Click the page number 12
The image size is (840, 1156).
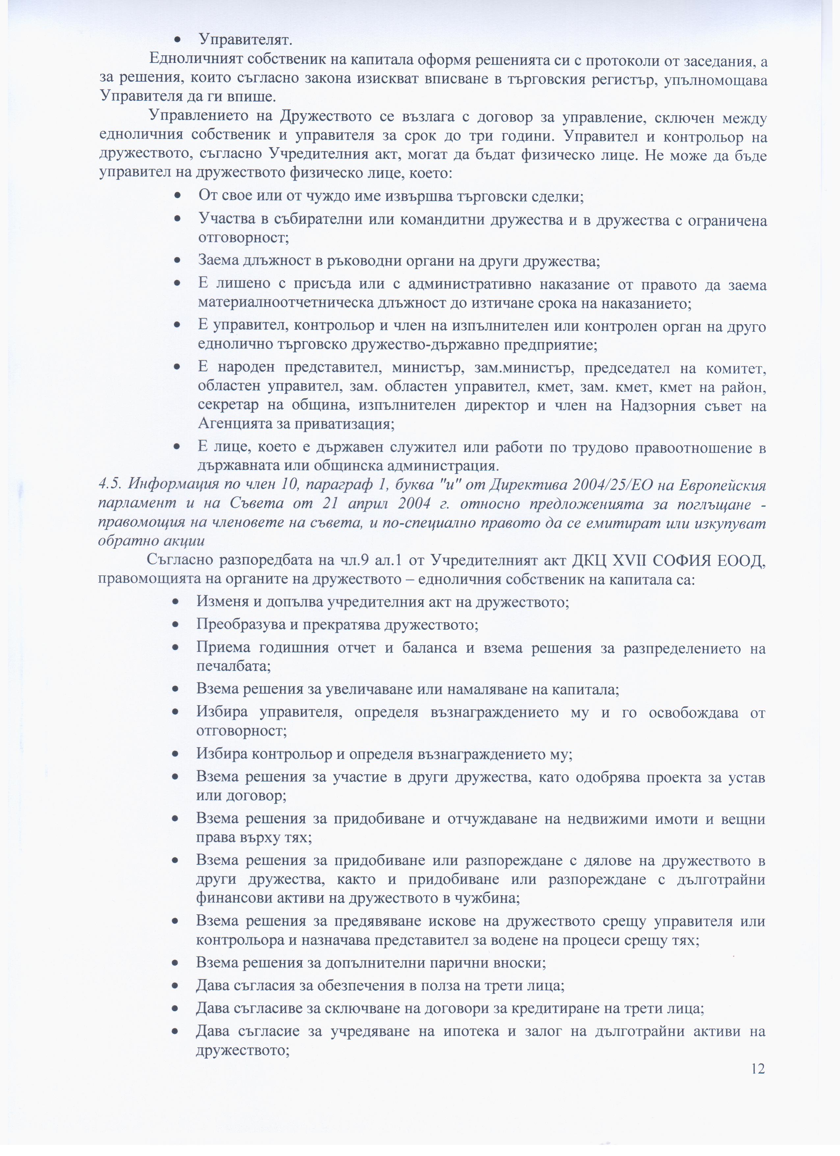(757, 1068)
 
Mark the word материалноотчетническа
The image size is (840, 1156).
(286, 303)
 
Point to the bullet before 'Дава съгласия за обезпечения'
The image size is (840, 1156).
(175, 971)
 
